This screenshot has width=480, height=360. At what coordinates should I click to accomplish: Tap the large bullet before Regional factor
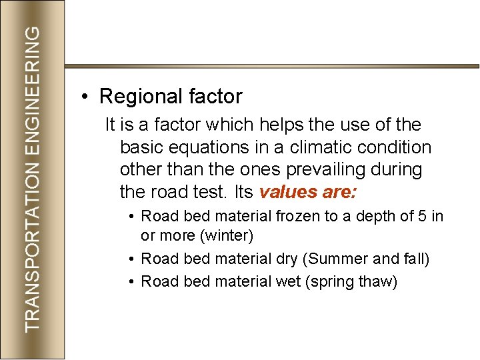coord(85,97)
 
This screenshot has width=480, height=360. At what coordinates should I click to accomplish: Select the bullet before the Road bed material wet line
coord(133,282)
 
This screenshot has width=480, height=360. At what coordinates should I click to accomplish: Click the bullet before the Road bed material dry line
coord(133,259)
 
